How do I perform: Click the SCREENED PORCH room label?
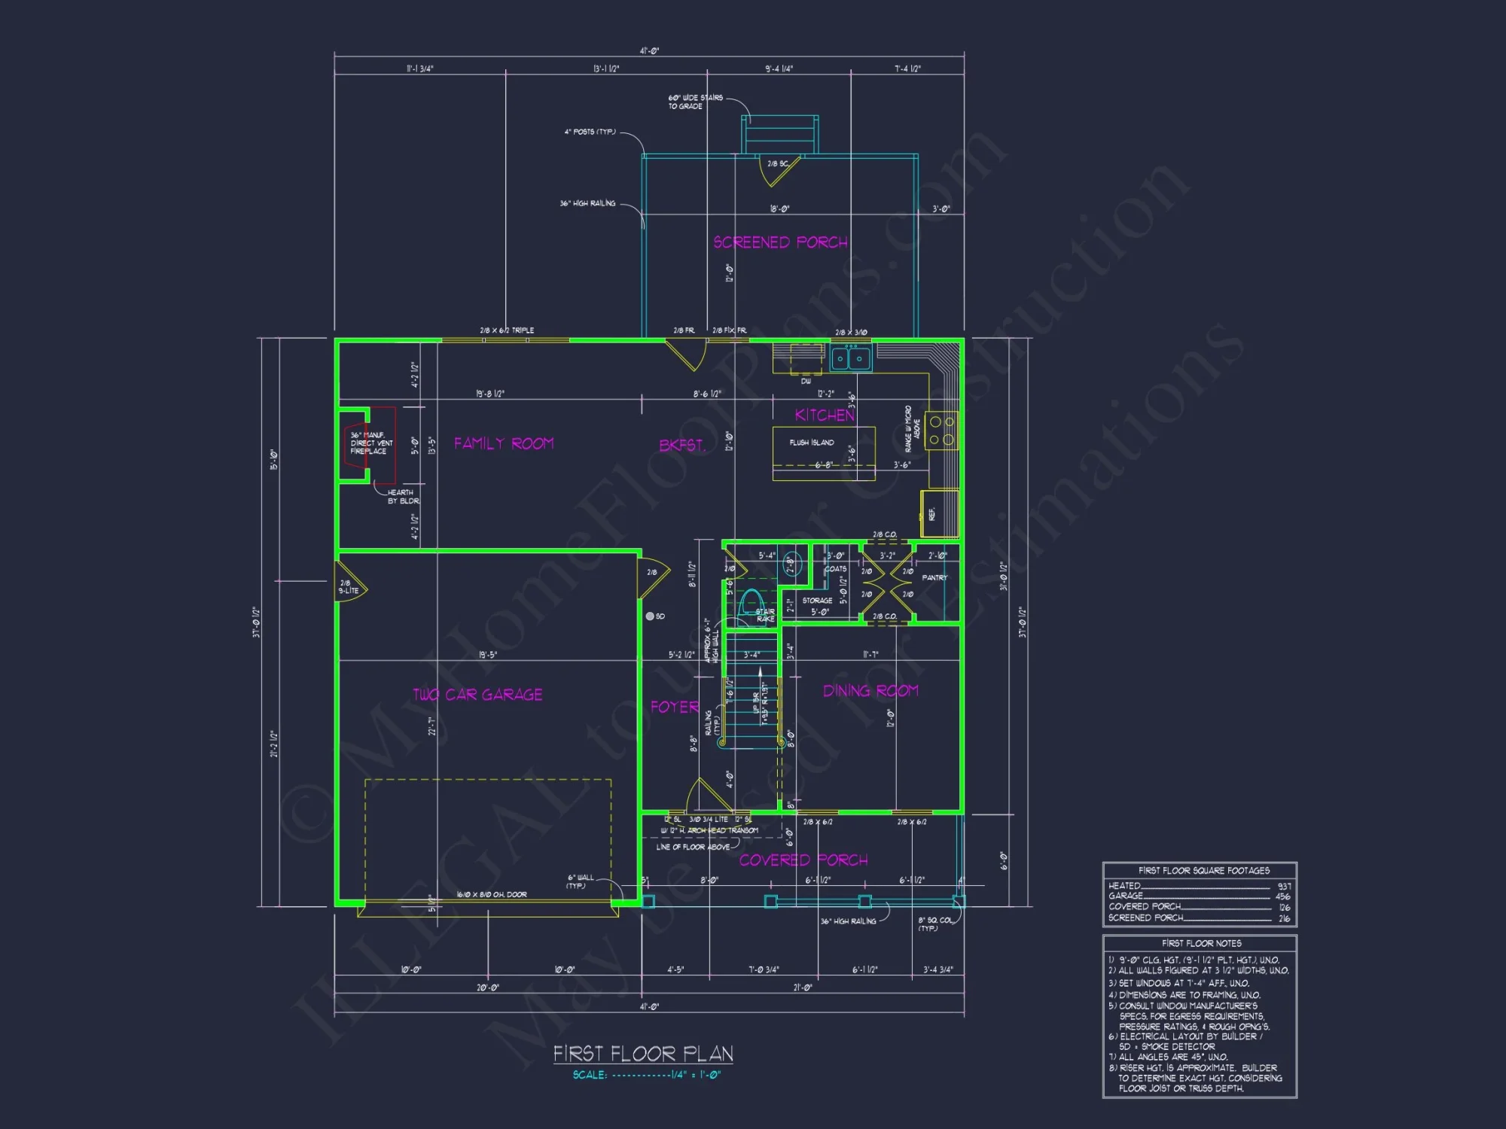point(780,242)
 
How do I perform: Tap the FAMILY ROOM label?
point(504,443)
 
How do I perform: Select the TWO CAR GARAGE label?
point(477,695)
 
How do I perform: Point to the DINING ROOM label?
point(870,691)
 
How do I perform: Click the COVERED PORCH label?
point(803,860)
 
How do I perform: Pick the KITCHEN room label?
point(825,415)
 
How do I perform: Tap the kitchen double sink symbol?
point(851,359)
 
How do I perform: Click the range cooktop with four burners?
point(941,431)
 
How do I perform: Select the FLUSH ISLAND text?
point(812,443)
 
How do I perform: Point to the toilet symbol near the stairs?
point(751,604)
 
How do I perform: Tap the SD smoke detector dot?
point(650,616)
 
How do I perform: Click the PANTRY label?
point(934,578)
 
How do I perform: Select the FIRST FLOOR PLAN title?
point(643,1054)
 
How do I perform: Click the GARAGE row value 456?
point(1282,896)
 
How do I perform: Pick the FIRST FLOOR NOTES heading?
point(1201,943)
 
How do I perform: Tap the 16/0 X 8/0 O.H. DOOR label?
point(492,895)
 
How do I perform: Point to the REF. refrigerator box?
point(939,513)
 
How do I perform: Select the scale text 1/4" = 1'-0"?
point(696,1075)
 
